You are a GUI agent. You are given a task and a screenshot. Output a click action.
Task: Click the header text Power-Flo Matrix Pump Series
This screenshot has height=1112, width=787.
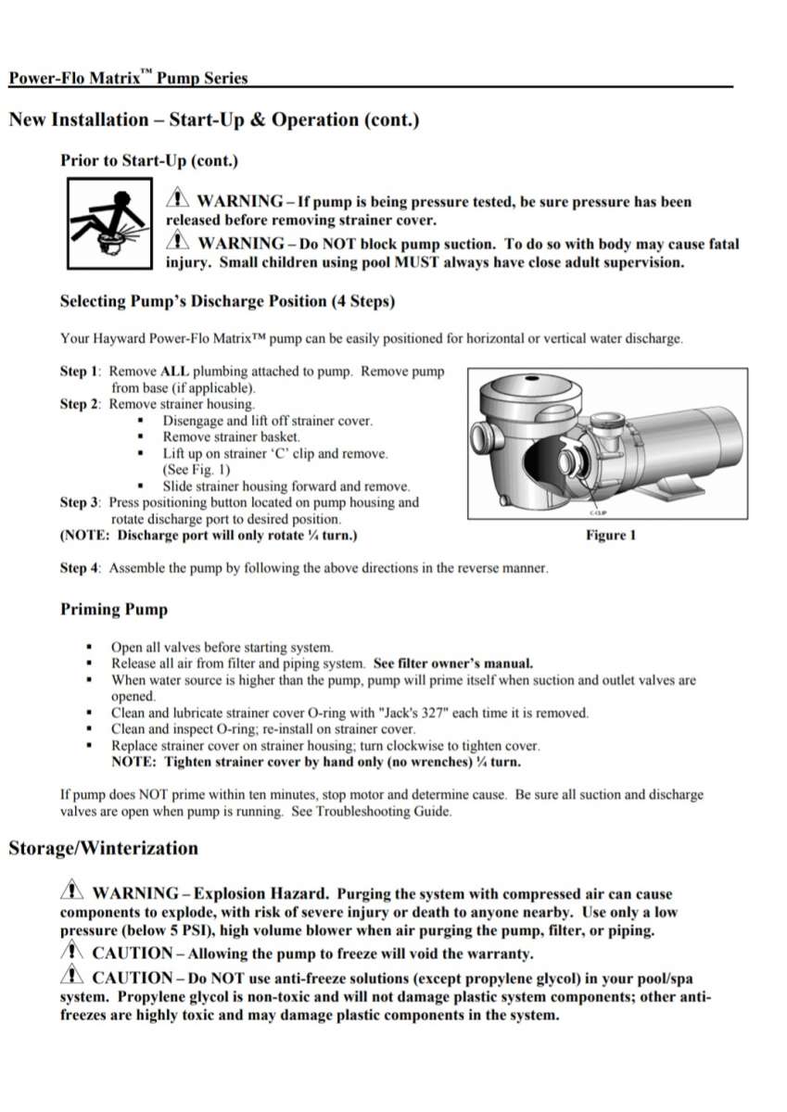(128, 78)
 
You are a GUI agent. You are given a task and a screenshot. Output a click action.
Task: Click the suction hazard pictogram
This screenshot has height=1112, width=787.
(108, 223)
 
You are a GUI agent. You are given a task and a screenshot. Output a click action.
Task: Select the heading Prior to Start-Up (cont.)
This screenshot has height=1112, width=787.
(149, 160)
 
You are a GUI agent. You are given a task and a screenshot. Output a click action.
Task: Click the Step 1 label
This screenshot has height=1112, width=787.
(80, 372)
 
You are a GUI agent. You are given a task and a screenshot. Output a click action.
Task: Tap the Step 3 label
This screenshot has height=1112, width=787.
(80, 503)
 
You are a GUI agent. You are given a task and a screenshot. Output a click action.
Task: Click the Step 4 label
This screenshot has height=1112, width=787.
(80, 568)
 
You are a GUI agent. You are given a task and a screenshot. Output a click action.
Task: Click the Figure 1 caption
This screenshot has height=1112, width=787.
(610, 536)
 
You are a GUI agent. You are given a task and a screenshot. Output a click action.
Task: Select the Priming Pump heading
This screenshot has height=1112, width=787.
(114, 609)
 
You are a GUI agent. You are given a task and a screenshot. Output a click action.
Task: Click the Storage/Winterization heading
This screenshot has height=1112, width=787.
(103, 848)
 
